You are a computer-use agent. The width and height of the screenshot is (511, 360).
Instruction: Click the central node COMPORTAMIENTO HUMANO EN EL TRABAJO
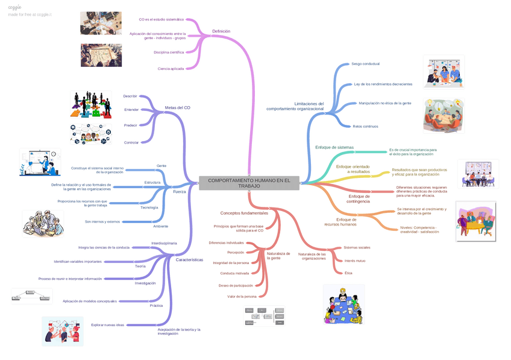point(249,183)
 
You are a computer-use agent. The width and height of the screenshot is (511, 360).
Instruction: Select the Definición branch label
point(221,31)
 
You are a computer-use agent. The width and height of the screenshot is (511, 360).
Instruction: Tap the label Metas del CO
point(177,107)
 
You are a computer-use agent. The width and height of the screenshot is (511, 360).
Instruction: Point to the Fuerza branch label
point(180,191)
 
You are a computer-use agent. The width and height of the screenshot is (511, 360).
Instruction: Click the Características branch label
point(189,260)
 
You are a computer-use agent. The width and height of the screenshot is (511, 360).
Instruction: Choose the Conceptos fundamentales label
point(244,213)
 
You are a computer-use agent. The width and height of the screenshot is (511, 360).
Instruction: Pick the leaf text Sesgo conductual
point(365,63)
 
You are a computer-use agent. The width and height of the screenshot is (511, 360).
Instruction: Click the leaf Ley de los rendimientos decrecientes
point(383,84)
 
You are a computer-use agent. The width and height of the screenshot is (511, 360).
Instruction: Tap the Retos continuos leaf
point(365,126)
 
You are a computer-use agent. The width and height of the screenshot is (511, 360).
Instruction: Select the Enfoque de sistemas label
point(334,147)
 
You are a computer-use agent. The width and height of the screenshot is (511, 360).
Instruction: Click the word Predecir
point(130,125)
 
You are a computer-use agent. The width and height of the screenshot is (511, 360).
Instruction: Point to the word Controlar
point(131,142)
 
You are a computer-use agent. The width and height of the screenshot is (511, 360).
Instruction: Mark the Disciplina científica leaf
point(169,52)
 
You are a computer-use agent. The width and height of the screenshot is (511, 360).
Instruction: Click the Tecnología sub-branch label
point(149,207)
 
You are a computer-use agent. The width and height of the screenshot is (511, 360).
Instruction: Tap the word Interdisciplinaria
point(164,243)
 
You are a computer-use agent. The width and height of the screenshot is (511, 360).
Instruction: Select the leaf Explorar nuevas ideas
point(107,325)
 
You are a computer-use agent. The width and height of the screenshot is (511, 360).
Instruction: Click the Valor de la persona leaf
point(242,297)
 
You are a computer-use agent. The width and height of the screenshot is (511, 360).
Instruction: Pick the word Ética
point(348,273)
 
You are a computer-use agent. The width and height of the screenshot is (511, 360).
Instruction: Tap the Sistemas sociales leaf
point(357,247)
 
